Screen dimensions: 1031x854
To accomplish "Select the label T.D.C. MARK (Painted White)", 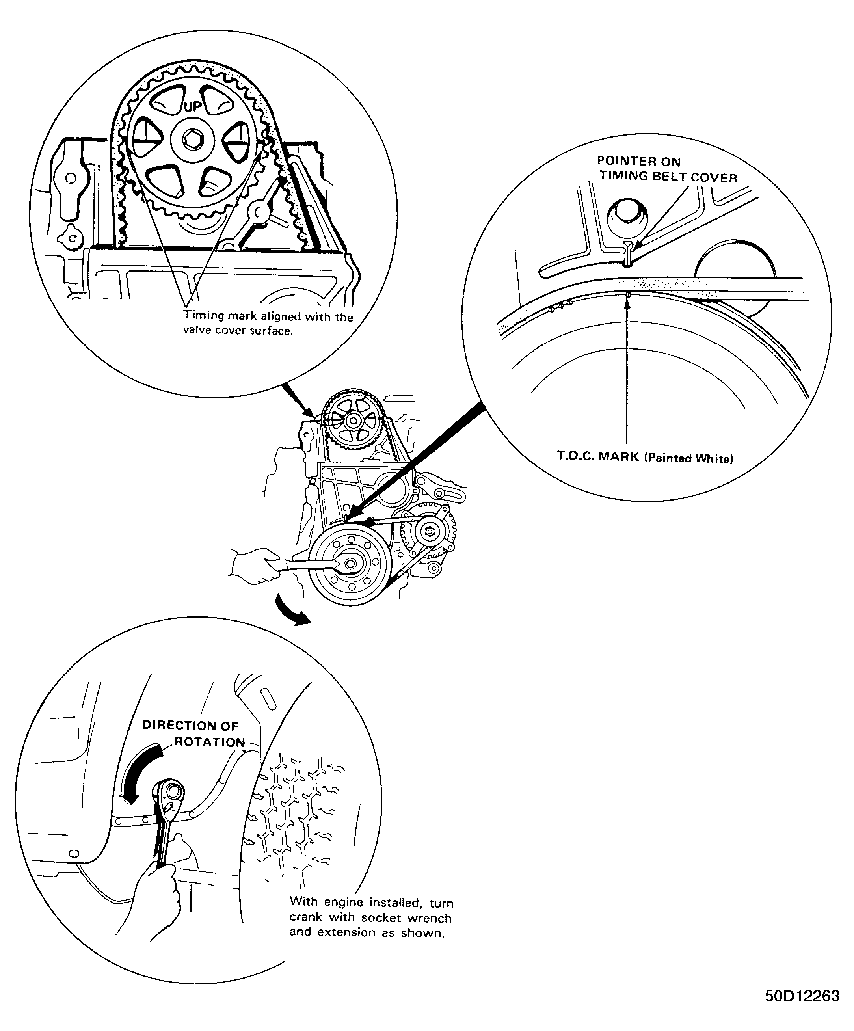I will [x=645, y=457].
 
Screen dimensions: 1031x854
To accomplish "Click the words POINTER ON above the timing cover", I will [x=638, y=161].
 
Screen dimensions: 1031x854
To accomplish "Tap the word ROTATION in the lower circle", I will [x=210, y=742].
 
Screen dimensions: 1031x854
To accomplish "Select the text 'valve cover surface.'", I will [x=238, y=331].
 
